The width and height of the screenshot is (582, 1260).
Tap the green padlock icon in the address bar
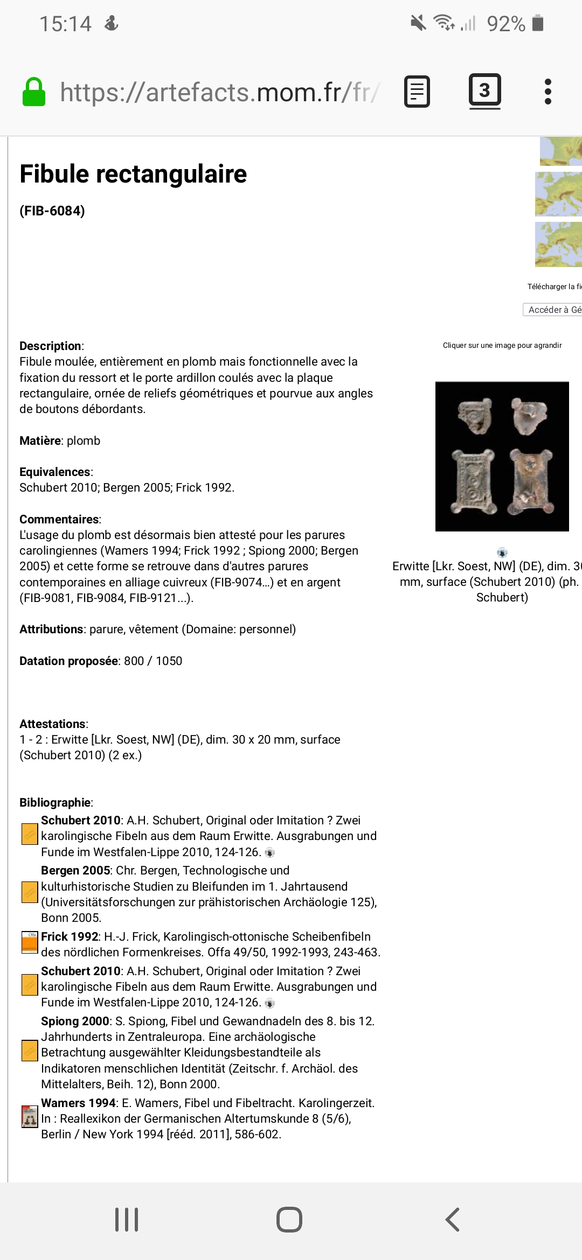click(x=33, y=92)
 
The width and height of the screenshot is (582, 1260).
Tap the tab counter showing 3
click(x=484, y=90)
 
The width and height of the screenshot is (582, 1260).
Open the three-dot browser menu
click(x=548, y=92)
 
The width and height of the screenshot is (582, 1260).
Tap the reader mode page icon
click(x=417, y=92)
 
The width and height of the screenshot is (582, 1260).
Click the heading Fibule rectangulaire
click(x=133, y=174)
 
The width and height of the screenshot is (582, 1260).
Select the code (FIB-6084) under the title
click(x=52, y=211)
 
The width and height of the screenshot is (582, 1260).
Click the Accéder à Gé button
click(x=553, y=310)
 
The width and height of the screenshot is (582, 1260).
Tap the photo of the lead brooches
click(x=502, y=456)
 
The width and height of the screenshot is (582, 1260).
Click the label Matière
click(x=40, y=440)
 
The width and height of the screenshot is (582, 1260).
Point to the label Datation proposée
click(x=68, y=661)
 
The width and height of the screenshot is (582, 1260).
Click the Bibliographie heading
click(x=55, y=802)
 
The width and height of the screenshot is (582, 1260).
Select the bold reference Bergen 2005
click(x=75, y=870)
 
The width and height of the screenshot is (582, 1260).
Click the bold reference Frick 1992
click(x=70, y=936)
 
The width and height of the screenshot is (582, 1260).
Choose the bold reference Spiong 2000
click(x=75, y=1021)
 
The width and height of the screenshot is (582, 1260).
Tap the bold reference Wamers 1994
click(x=78, y=1103)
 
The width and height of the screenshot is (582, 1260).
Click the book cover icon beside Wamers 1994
click(x=29, y=1117)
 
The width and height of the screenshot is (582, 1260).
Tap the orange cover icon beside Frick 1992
click(x=29, y=942)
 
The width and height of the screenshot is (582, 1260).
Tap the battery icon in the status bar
click(x=537, y=23)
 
